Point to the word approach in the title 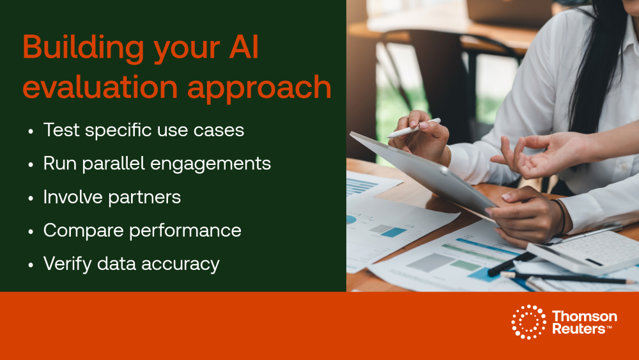[259, 89]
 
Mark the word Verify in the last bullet [68, 263]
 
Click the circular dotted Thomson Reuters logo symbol [528, 322]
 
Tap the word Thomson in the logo [584, 317]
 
